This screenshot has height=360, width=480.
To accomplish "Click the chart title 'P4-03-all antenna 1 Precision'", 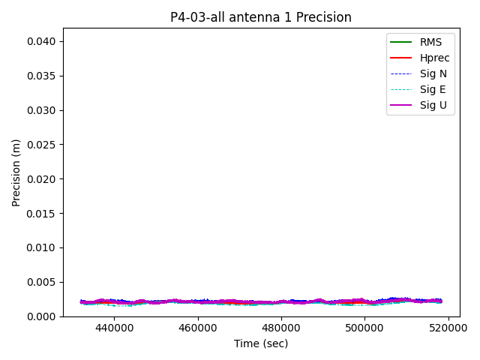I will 261,17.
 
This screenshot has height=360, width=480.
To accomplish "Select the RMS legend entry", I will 430,42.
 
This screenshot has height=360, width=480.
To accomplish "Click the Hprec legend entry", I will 434,58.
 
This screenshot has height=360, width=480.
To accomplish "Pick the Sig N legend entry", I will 433,73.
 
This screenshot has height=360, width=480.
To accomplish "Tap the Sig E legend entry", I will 433,89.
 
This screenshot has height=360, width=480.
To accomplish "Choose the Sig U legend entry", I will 433,105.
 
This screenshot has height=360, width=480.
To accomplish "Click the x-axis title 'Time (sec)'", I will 261,343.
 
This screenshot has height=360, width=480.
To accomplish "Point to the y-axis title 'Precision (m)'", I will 16,172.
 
